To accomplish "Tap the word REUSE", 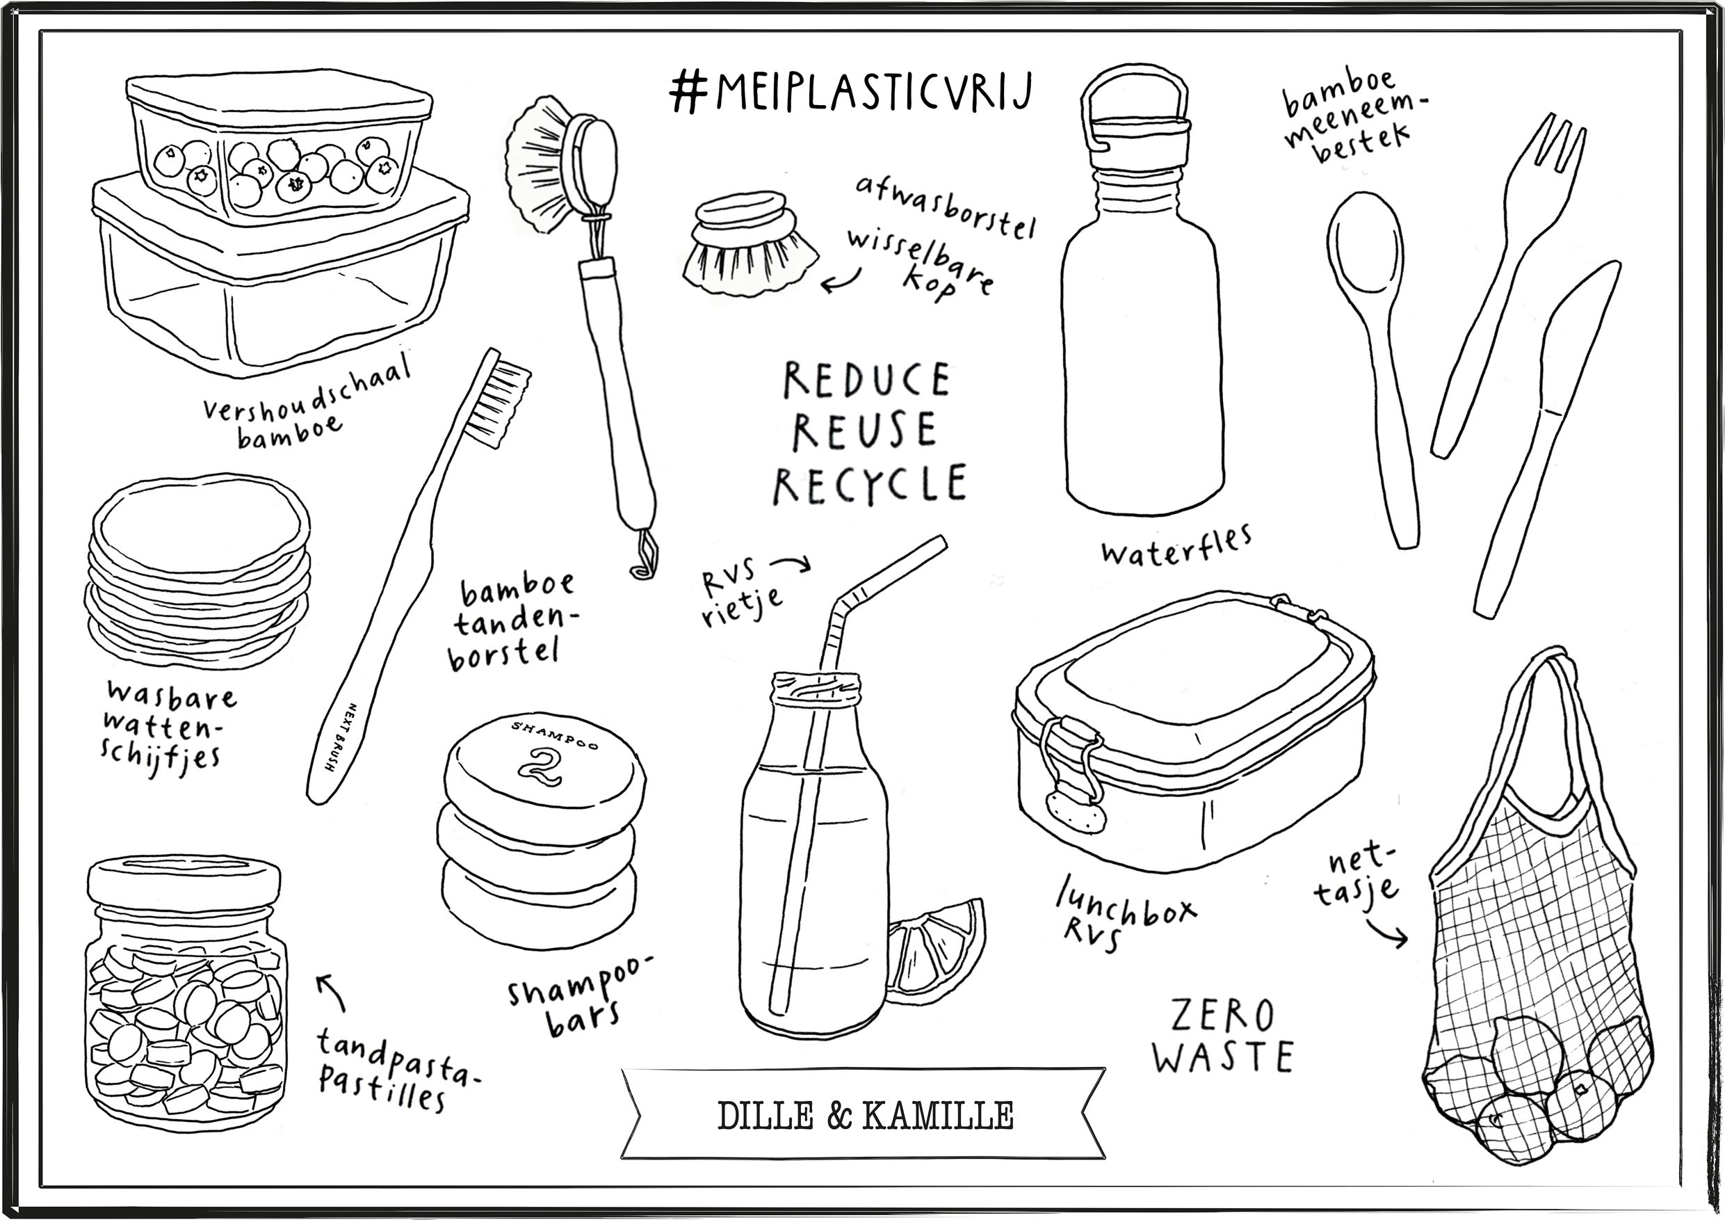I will click(x=865, y=431).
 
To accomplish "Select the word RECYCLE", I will click(x=870, y=483).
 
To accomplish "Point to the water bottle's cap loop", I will click(x=1134, y=94).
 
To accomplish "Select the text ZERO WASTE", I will click(x=1222, y=1036).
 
